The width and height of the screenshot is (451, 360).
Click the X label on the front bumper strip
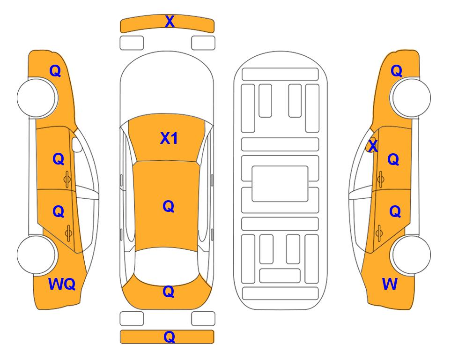tap(170, 22)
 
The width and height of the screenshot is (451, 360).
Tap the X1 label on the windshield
tap(169, 138)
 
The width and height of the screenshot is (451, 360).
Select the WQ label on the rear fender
tap(62, 284)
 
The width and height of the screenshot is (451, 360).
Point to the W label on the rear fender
tap(390, 284)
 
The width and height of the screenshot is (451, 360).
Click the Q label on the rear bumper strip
tap(169, 337)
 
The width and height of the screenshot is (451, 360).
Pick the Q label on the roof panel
tap(168, 206)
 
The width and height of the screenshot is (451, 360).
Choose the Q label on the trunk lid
tap(168, 292)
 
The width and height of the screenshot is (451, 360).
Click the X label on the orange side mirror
tap(373, 146)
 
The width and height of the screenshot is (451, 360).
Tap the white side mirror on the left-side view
tap(77, 144)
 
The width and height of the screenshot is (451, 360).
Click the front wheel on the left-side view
tap(37, 97)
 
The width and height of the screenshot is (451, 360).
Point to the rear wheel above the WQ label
tap(37, 255)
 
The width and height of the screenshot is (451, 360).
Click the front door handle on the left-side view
tap(67, 179)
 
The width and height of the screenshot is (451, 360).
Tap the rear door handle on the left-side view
tap(68, 233)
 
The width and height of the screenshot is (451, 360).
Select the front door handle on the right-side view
tap(380, 179)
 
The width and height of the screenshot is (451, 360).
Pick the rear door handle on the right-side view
tap(379, 233)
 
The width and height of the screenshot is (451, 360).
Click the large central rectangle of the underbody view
tap(280, 184)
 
